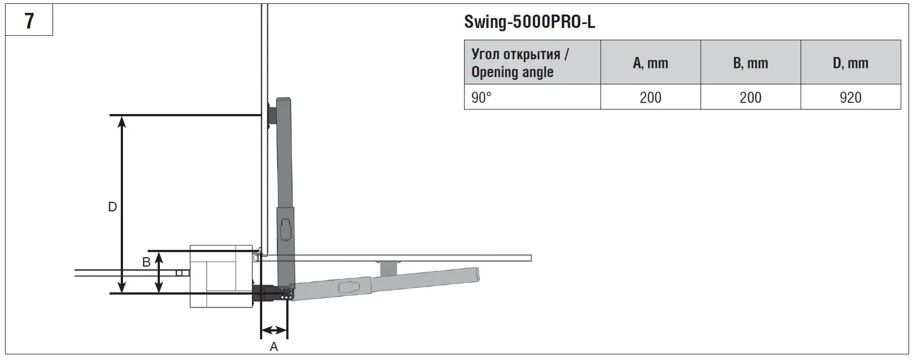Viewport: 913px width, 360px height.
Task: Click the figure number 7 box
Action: (x=29, y=21)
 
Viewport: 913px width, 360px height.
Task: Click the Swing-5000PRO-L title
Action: (x=529, y=22)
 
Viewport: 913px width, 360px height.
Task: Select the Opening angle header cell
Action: (x=532, y=63)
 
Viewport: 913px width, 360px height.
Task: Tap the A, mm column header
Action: (x=650, y=63)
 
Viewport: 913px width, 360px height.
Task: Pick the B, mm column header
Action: (x=750, y=63)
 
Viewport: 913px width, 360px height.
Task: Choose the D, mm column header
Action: (x=850, y=63)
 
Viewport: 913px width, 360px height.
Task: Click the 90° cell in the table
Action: (x=532, y=97)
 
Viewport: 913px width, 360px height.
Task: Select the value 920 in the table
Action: (x=850, y=97)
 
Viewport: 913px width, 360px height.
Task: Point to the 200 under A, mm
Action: (x=650, y=97)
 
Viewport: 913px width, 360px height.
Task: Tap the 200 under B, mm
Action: (x=750, y=97)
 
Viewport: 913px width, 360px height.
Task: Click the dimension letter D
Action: (x=112, y=207)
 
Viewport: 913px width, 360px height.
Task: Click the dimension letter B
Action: (x=146, y=262)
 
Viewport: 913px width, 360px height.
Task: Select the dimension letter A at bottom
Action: (x=274, y=347)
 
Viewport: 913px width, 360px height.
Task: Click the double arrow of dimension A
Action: (x=274, y=329)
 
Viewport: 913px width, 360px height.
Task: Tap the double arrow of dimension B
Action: (x=159, y=272)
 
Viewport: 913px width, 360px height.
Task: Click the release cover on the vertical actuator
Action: (x=286, y=229)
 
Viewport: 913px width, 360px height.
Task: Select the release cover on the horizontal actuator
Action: (x=347, y=287)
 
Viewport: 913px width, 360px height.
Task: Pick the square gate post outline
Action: (x=221, y=276)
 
